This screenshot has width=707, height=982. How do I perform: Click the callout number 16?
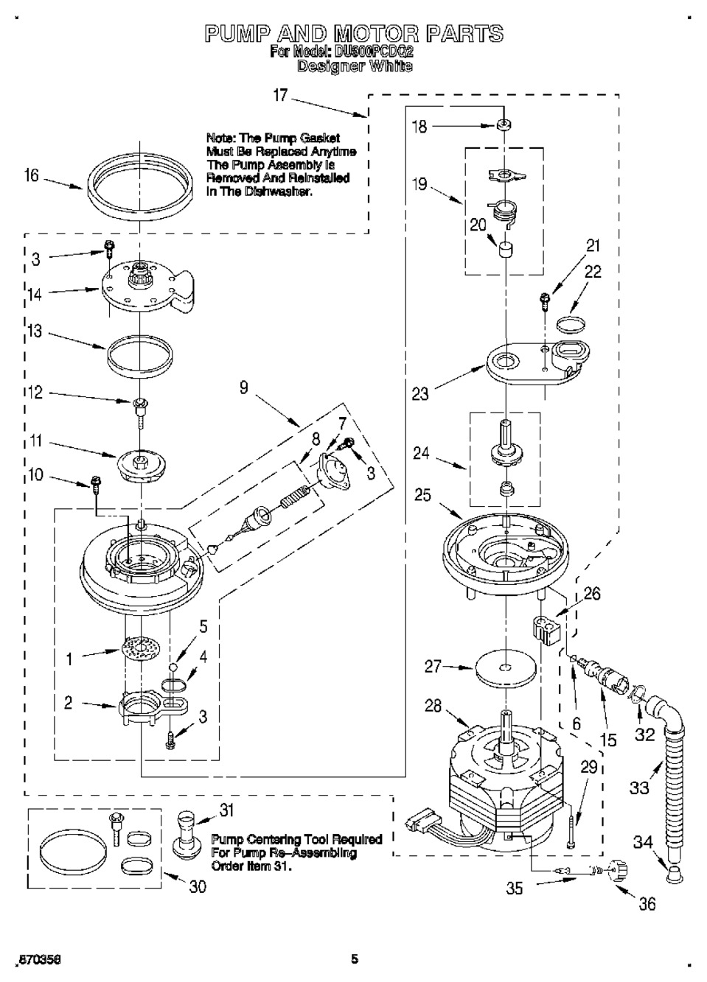pyautogui.click(x=31, y=177)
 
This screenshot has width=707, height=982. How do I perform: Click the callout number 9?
pyautogui.click(x=243, y=387)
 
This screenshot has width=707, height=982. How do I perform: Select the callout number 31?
pyautogui.click(x=226, y=810)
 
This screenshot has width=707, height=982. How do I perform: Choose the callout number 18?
pyautogui.click(x=419, y=127)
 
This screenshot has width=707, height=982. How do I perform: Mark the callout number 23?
pyautogui.click(x=420, y=394)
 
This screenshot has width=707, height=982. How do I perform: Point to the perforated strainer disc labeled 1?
pyautogui.click(x=141, y=649)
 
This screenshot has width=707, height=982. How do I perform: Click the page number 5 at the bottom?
pyautogui.click(x=355, y=959)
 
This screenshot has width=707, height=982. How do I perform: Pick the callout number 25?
pyautogui.click(x=422, y=494)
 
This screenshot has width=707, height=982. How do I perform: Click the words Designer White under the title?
pyautogui.click(x=354, y=66)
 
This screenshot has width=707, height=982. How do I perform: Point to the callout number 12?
pyautogui.click(x=35, y=393)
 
